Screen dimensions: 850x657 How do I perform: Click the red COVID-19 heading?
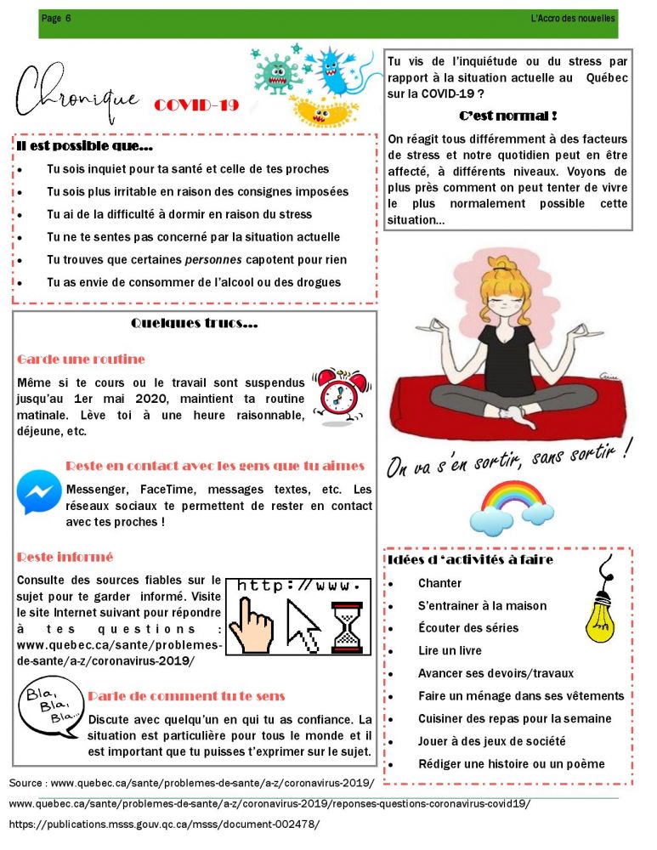196,105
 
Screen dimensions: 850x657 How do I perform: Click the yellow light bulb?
601,611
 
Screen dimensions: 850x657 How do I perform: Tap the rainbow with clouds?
512,505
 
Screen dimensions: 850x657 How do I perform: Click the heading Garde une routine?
81,360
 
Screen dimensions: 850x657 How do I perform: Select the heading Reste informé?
65,558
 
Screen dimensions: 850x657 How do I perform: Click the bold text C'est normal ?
507,116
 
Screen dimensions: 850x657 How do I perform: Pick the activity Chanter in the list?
439,583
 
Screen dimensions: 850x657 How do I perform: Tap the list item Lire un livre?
450,651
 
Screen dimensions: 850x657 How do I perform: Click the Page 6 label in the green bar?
56,18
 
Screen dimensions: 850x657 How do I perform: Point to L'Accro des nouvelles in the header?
571,18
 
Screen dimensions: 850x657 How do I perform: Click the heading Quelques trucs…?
195,324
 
